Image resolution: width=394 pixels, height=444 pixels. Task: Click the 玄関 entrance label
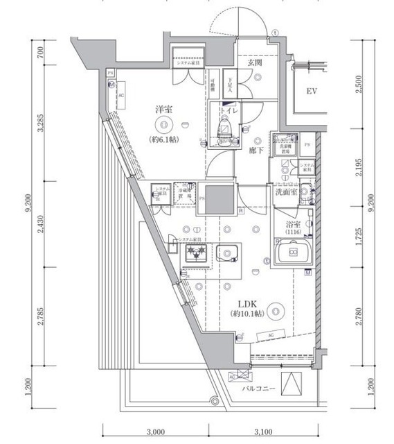click(x=254, y=63)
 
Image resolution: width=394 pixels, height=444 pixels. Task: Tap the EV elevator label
click(x=312, y=92)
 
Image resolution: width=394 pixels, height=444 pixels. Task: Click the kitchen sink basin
click(x=228, y=253)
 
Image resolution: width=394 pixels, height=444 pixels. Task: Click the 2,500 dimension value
click(x=357, y=85)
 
